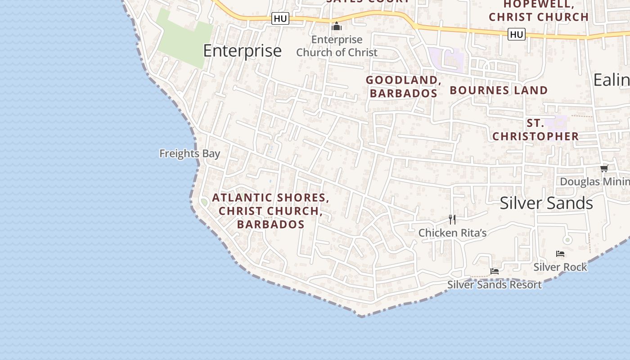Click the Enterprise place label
pyautogui.click(x=242, y=50)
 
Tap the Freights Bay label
pyautogui.click(x=189, y=153)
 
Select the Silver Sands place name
pyautogui.click(x=546, y=203)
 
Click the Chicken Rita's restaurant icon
pyautogui.click(x=452, y=220)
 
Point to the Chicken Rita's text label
pyautogui.click(x=452, y=233)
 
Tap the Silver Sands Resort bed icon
pyautogui.click(x=495, y=271)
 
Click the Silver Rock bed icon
pyautogui.click(x=560, y=254)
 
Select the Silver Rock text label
pyautogui.click(x=560, y=267)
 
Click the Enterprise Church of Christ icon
pyautogui.click(x=337, y=27)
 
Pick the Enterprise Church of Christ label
pyautogui.click(x=337, y=46)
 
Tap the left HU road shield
pyautogui.click(x=280, y=18)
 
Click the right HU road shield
pyautogui.click(x=517, y=34)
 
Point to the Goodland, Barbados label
pyautogui.click(x=403, y=86)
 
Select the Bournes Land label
pyautogui.click(x=499, y=90)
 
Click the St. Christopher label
pyautogui.click(x=535, y=130)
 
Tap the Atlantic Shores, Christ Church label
pyautogui.click(x=271, y=211)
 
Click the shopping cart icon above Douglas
pyautogui.click(x=604, y=168)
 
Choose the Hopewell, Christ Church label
pyautogui.click(x=539, y=11)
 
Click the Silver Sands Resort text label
pyautogui.click(x=494, y=284)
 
